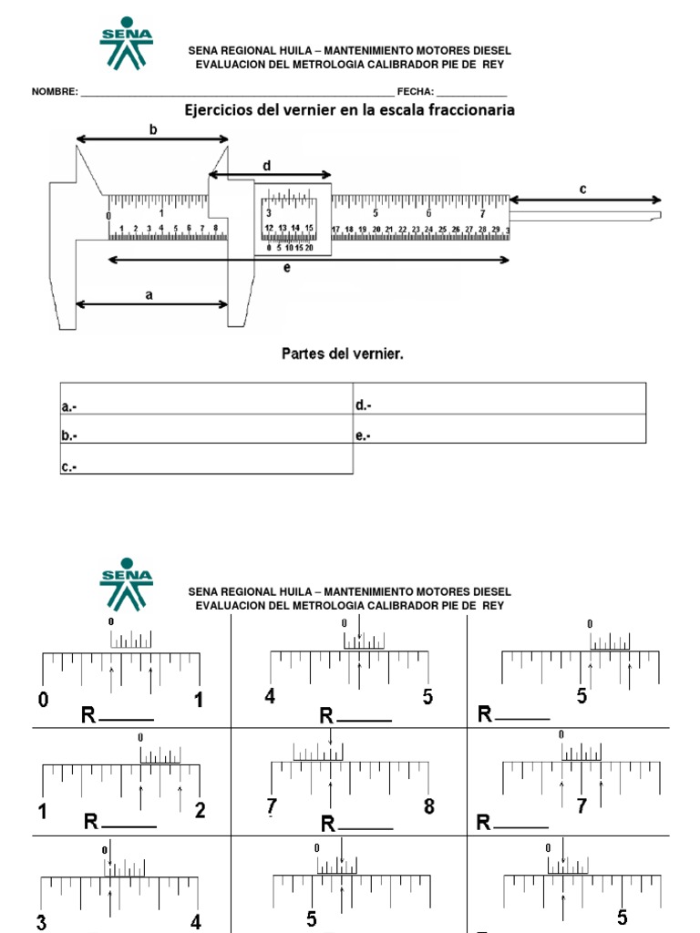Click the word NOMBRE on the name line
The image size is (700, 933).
[54, 92]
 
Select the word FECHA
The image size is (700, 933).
[414, 92]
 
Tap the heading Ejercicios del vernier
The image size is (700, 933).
[349, 110]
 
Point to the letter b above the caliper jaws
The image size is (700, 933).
[153, 130]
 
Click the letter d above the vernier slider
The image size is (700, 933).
[267, 166]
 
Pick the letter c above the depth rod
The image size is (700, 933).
[582, 189]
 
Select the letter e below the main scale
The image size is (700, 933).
[286, 270]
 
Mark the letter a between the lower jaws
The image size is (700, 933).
[149, 294]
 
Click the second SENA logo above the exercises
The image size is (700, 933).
[126, 585]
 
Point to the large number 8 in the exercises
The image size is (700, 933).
[428, 806]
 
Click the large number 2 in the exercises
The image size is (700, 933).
[200, 811]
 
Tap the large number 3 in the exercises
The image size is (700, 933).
[42, 922]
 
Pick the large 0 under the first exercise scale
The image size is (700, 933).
[43, 701]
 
